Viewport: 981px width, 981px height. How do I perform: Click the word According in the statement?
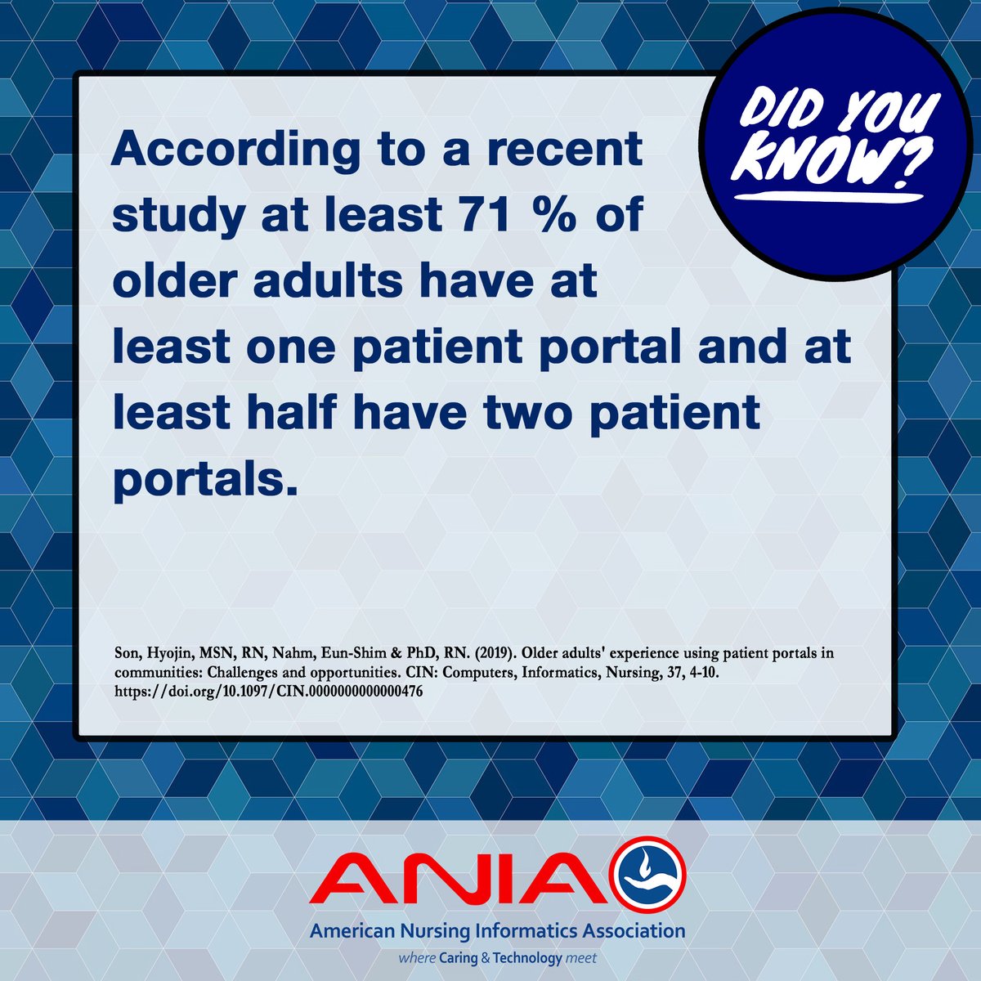pos(235,152)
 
